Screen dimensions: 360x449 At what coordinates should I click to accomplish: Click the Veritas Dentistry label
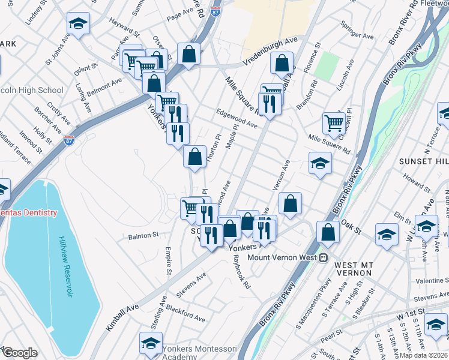(x=28, y=213)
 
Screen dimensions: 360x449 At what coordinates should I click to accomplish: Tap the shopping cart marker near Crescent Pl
(x=334, y=123)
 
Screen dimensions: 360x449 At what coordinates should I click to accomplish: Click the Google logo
(x=19, y=353)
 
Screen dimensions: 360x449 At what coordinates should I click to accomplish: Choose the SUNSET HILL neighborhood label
(x=423, y=162)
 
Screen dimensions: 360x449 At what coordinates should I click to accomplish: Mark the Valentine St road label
(x=429, y=281)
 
